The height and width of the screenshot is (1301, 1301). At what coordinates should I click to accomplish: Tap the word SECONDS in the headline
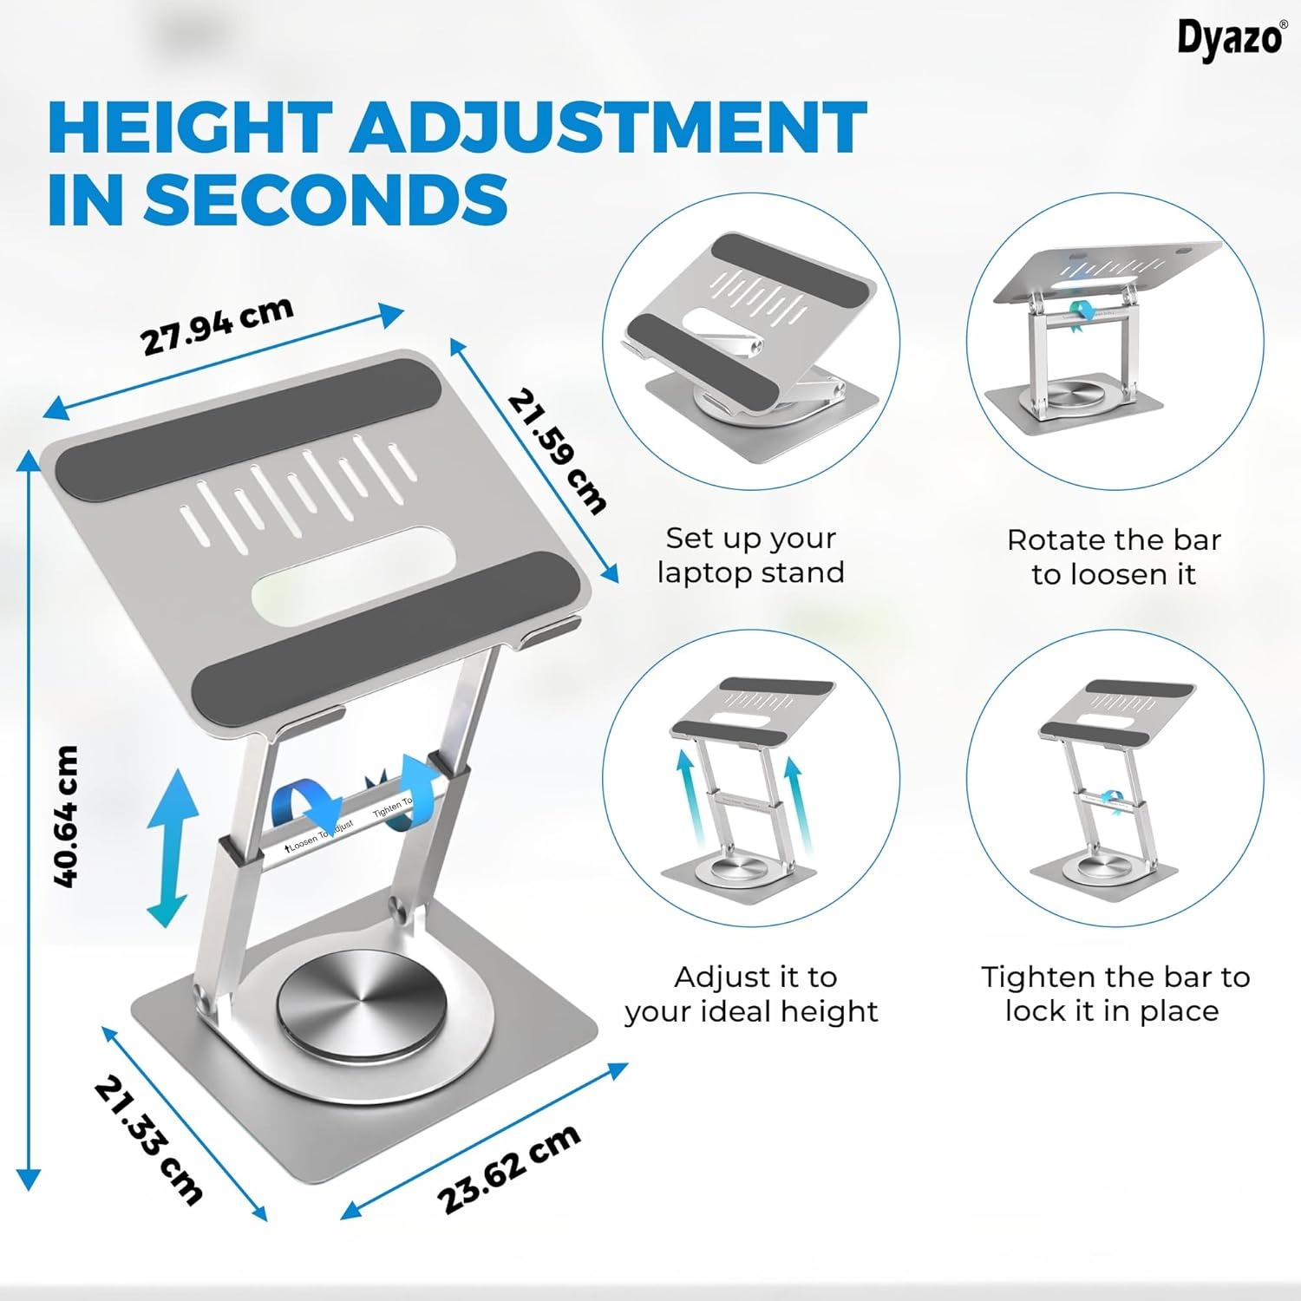[x=326, y=199]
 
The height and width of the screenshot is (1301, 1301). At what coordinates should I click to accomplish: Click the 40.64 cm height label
[x=66, y=816]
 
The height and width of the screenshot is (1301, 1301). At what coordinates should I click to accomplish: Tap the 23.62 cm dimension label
[x=507, y=1169]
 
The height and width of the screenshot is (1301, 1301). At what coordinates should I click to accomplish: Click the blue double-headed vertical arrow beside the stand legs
[x=167, y=847]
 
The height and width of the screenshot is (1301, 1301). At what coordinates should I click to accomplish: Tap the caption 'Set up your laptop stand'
[x=750, y=555]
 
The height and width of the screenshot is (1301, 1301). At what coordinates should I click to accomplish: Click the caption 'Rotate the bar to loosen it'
[x=1114, y=557]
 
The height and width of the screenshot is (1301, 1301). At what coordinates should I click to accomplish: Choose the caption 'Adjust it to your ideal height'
[x=751, y=994]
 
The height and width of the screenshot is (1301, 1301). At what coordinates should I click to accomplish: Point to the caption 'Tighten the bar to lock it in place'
[x=1115, y=994]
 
